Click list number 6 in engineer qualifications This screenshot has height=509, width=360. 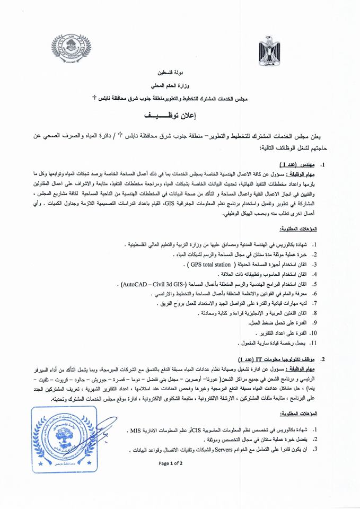[x=314, y=293]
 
